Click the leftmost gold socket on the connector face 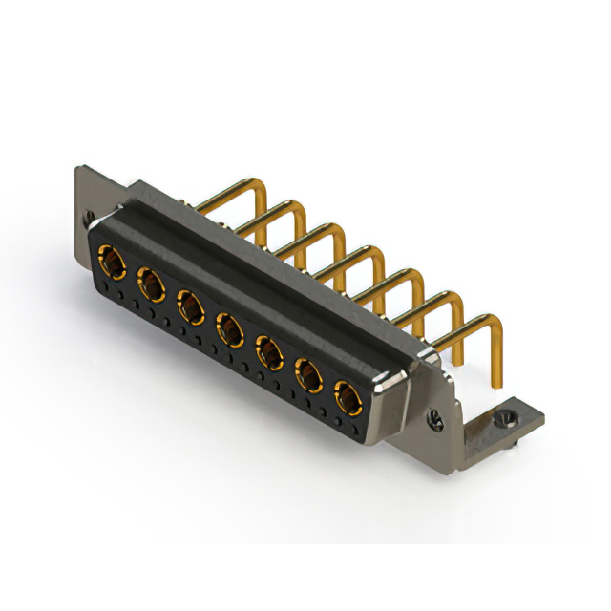pos(111,258)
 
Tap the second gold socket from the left pos(150,282)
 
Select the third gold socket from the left pos(190,305)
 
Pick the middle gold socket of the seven pos(229,330)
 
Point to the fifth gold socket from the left pos(269,354)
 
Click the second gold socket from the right pos(308,377)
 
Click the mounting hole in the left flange pos(90,217)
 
